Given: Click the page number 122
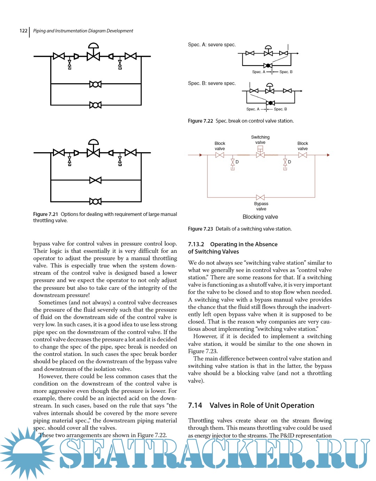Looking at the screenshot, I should tap(23, 31).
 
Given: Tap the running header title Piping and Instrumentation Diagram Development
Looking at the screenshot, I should tap(83, 31).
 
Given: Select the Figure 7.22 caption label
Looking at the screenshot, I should tap(200, 121).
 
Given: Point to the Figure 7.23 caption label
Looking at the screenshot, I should tap(200, 229).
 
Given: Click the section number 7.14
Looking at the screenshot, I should tap(195, 405).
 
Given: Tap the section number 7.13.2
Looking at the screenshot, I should tap(196, 244).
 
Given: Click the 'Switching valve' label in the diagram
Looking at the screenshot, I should tap(260, 140).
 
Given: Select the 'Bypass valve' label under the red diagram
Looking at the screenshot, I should tap(261, 206).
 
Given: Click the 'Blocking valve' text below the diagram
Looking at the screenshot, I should tap(260, 217).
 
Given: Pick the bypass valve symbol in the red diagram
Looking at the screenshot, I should tap(260, 197).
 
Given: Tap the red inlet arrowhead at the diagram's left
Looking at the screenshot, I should tap(201, 155).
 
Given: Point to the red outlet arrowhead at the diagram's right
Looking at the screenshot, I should tap(328, 155).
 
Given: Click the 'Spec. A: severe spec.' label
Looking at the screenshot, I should tap(212, 45).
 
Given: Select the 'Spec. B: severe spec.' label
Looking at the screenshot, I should tap(212, 83).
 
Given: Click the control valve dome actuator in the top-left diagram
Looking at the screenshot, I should tap(93, 46).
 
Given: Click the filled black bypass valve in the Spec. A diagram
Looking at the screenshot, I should tap(268, 65).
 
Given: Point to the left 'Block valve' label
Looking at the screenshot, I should tap(220, 146).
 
